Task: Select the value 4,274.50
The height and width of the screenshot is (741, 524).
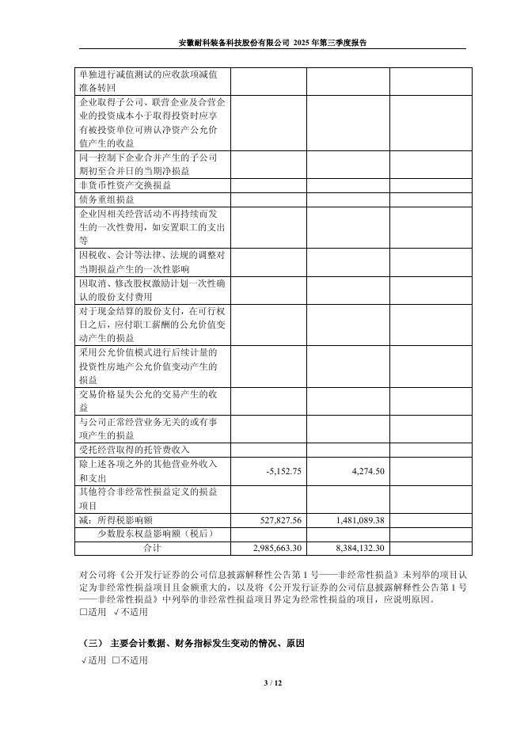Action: point(367,470)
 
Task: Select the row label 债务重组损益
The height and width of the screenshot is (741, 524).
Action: point(108,199)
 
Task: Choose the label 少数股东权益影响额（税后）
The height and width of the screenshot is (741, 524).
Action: point(154,534)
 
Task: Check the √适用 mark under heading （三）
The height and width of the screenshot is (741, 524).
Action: point(93,660)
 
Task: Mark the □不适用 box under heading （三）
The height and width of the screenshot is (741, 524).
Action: point(130,660)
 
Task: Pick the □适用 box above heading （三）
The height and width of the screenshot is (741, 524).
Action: point(93,612)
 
